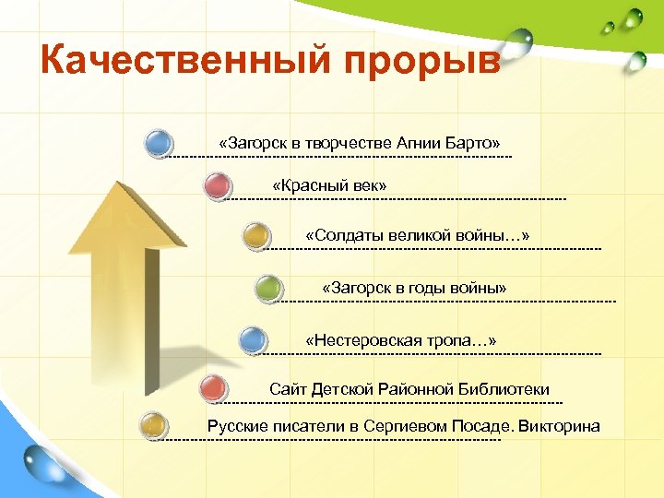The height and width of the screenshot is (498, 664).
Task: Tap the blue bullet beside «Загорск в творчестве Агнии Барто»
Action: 160,143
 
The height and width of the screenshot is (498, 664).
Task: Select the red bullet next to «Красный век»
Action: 216,186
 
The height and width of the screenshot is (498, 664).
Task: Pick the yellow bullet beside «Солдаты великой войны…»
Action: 256,234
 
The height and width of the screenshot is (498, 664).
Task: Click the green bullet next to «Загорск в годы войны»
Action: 268,288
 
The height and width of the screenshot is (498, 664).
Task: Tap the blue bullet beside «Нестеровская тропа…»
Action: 253,340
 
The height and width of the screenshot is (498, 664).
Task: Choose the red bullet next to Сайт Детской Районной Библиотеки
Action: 213,387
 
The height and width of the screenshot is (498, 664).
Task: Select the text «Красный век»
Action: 329,187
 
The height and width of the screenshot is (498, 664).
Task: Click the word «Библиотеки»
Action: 505,389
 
